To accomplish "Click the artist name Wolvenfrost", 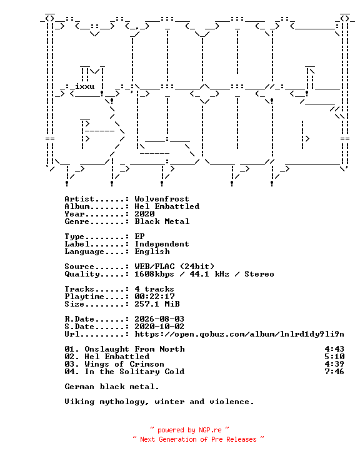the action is (x=162, y=199).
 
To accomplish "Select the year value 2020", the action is (x=144, y=214).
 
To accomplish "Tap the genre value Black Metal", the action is (x=162, y=221).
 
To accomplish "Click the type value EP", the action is (x=139, y=237).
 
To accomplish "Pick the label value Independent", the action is (x=162, y=244).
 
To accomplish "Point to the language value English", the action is (x=152, y=252).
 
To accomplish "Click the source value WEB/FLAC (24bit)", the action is (x=174, y=267).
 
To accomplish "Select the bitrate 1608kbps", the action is (x=154, y=274).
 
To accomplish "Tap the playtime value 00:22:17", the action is (x=154, y=297).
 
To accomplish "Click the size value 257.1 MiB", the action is (x=157, y=304).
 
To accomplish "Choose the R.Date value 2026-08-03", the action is (x=159, y=319).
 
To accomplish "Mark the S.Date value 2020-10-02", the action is (x=159, y=327).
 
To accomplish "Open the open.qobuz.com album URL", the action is (x=239, y=334).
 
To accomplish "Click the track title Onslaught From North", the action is (x=134, y=349).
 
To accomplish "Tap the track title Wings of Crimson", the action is (x=124, y=364).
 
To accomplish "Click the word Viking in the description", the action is (x=79, y=402).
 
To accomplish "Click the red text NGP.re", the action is (x=210, y=430).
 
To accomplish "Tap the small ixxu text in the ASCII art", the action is (x=84, y=86).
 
